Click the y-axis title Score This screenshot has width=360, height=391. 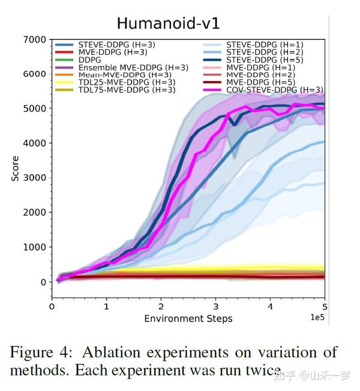click(x=16, y=169)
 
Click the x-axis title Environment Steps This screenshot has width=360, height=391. click(x=188, y=318)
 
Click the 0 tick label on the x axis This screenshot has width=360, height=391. click(x=52, y=306)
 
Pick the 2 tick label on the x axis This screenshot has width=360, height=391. click(x=161, y=306)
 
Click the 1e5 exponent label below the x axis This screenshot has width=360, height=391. click(x=317, y=317)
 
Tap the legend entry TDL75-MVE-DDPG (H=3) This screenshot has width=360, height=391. click(x=127, y=89)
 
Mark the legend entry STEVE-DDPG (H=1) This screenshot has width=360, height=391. click(x=265, y=44)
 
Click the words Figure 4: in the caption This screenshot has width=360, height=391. click(x=40, y=352)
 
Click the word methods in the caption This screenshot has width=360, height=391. click(x=37, y=370)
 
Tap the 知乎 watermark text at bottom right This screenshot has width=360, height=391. click(x=284, y=377)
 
